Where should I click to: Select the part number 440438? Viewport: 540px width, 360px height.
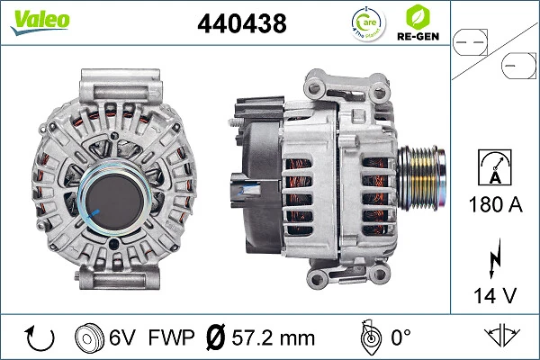tap(241, 25)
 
